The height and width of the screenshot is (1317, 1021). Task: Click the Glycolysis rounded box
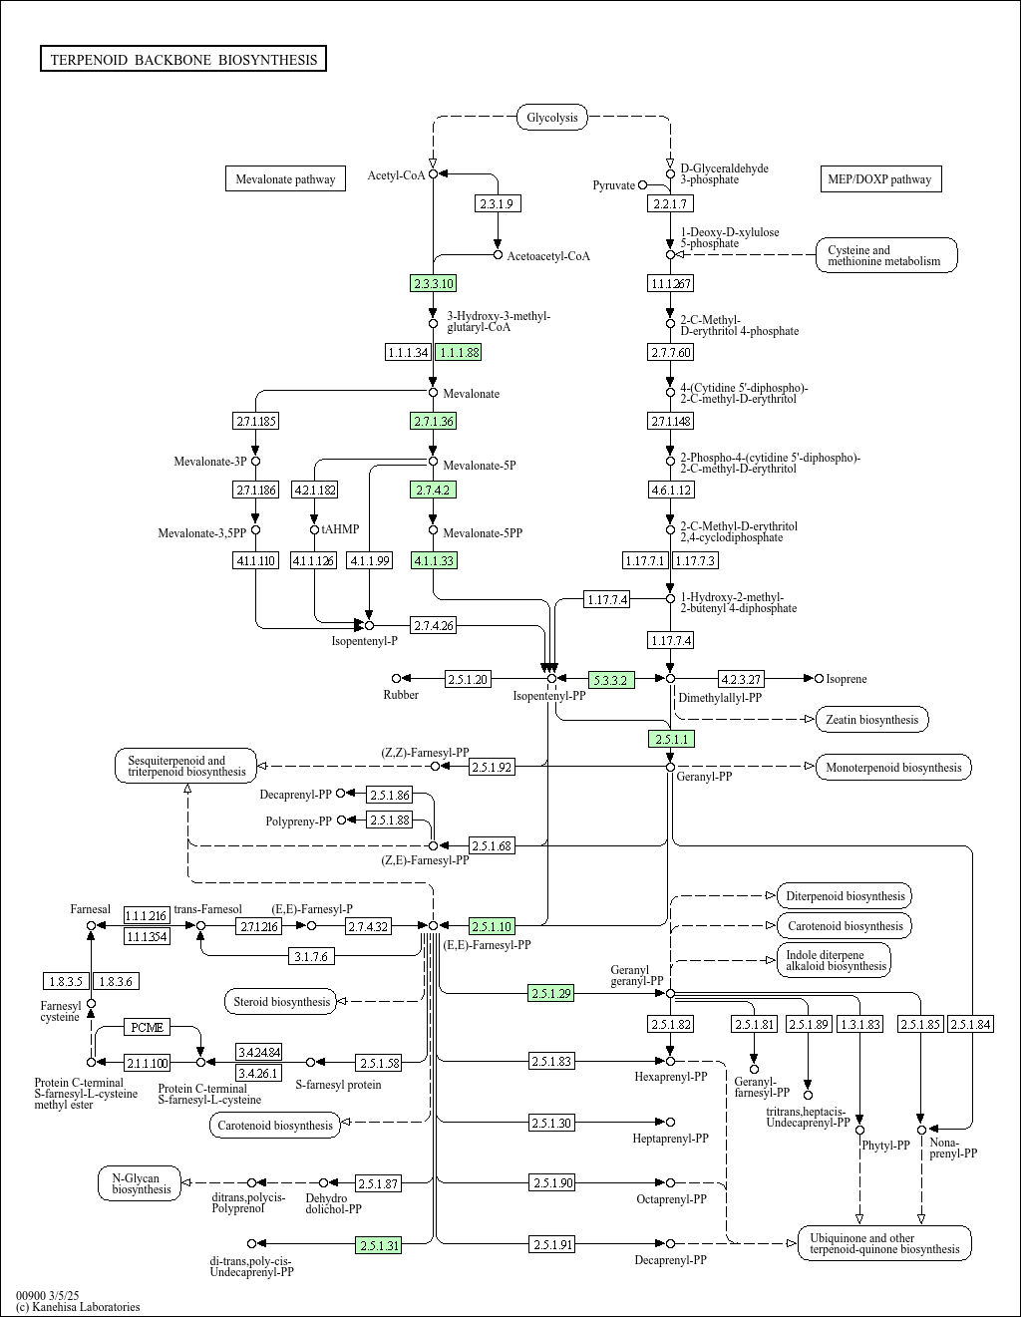(x=551, y=118)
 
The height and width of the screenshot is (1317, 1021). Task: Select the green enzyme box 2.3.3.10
(x=433, y=283)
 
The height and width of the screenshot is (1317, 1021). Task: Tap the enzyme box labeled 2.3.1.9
(x=497, y=203)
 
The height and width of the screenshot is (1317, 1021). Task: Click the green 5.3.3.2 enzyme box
(x=610, y=679)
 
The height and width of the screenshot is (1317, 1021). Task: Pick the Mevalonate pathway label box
(x=285, y=179)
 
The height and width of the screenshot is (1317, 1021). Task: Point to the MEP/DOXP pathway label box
(x=879, y=179)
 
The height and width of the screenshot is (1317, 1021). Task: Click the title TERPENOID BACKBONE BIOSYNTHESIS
(x=183, y=60)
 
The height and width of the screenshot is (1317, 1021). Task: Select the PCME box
(x=148, y=1027)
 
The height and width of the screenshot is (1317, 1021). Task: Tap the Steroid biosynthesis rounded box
(x=281, y=1001)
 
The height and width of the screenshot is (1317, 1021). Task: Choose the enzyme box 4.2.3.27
(x=741, y=679)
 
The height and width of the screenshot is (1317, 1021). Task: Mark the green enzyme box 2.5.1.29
(x=550, y=993)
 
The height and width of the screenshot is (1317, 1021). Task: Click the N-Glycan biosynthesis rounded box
(x=141, y=1183)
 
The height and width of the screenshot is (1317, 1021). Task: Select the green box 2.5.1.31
(x=379, y=1244)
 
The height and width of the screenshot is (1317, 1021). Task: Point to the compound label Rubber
(x=401, y=694)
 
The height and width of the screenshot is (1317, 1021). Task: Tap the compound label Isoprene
(x=847, y=679)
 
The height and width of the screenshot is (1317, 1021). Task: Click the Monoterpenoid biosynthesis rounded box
(x=893, y=767)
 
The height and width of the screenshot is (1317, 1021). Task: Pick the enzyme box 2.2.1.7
(x=669, y=203)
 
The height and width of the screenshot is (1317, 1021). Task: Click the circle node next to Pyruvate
(x=643, y=184)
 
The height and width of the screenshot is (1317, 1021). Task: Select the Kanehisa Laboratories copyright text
(x=78, y=1307)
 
